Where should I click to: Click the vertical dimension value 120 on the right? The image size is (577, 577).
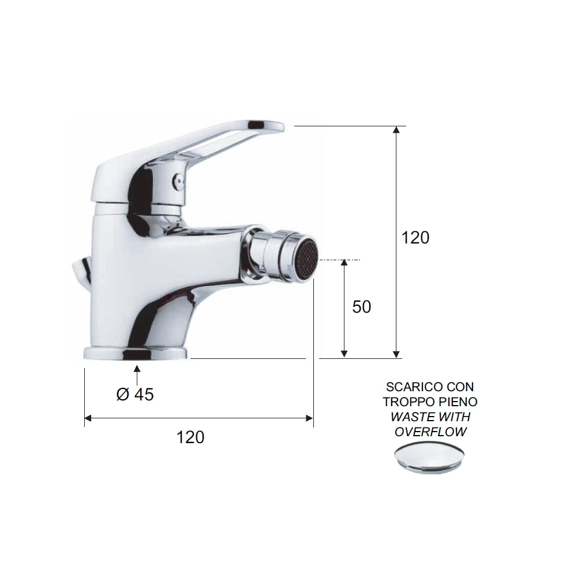tap(415, 237)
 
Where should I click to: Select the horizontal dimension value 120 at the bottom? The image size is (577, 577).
tap(190, 437)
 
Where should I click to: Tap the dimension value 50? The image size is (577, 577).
tap(361, 307)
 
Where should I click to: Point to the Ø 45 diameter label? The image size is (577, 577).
tap(134, 395)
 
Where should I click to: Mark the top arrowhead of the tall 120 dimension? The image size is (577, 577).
tap(396, 130)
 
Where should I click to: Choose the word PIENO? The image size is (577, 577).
tap(458, 402)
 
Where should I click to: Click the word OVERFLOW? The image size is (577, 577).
tap(430, 432)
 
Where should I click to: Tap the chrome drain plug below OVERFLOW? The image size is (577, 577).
tap(430, 458)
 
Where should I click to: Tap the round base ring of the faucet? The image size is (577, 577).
tap(135, 353)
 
